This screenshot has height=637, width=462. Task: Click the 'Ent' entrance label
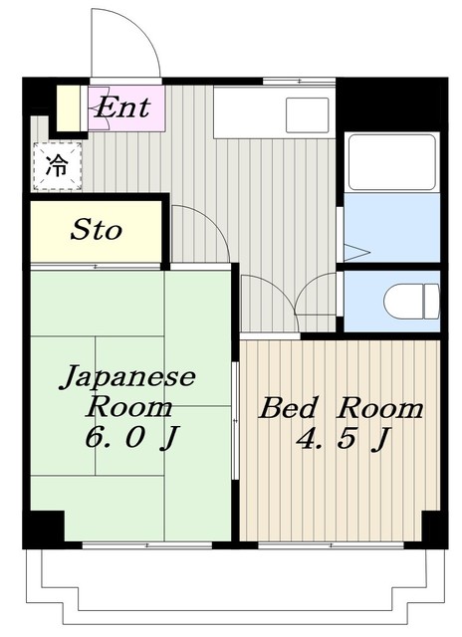click(122, 107)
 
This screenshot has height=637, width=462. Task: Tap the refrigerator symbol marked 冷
click(58, 166)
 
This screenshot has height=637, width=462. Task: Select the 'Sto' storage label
click(97, 230)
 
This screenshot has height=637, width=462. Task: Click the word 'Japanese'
click(128, 376)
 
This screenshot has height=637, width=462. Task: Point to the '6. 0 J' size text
click(130, 438)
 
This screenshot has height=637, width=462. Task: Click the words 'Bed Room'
click(341, 408)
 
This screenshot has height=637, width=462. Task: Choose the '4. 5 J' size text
click(344, 438)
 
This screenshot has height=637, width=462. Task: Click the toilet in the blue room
click(411, 302)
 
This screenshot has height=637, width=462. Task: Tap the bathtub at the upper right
click(392, 162)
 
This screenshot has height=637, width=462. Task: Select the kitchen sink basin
click(308, 115)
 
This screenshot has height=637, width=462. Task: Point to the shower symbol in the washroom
click(356, 252)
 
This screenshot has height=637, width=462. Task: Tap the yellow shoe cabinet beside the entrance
click(68, 108)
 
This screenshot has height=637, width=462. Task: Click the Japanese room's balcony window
click(147, 544)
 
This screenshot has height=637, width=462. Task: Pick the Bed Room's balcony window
click(331, 544)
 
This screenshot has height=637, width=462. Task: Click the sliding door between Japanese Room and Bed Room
click(235, 420)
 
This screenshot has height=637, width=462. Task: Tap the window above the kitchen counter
click(299, 81)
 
